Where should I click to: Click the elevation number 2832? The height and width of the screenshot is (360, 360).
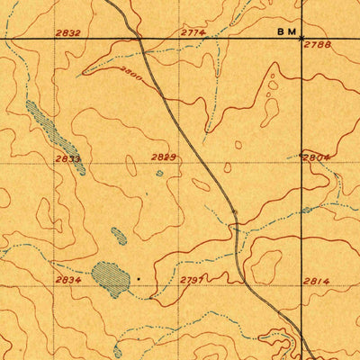[67, 32]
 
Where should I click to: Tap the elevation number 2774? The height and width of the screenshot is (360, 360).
[193, 32]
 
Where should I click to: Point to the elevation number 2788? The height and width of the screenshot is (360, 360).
[320, 44]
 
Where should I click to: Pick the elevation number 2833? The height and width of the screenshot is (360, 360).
[67, 158]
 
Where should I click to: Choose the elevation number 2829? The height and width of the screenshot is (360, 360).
[163, 157]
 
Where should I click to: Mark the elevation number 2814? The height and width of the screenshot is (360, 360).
[316, 281]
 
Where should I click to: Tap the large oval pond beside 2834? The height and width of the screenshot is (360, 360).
[111, 278]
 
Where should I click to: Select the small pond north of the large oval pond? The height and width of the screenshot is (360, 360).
[119, 236]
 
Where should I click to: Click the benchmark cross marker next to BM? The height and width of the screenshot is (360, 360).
[301, 39]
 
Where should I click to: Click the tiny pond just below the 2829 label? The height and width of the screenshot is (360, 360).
[159, 173]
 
